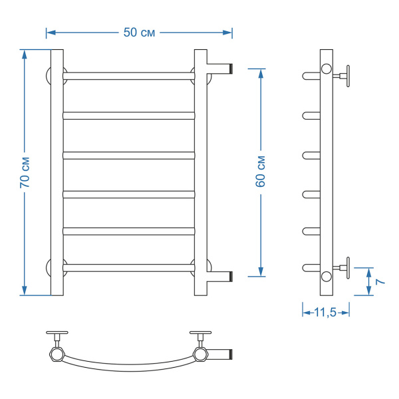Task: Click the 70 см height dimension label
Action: pos(25,173)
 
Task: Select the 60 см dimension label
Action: pos(261,172)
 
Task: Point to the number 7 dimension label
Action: pos(380,281)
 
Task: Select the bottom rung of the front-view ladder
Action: pos(129,268)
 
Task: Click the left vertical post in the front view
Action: pos(57,173)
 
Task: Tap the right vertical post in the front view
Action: pos(200,173)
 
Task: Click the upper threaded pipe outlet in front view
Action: pos(221,68)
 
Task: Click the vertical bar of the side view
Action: pos(327,173)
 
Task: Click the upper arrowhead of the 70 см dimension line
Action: pos(25,53)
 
